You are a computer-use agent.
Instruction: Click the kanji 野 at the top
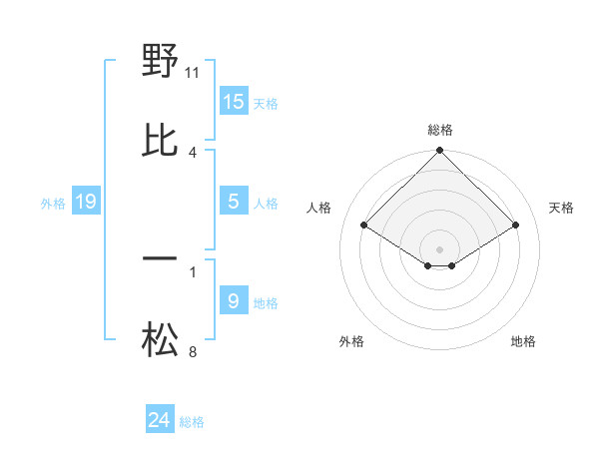[160, 63]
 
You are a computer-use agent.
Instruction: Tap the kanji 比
[160, 141]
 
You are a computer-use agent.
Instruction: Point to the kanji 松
[160, 342]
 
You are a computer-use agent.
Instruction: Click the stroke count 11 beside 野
[194, 73]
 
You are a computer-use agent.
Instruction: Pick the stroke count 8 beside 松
[193, 352]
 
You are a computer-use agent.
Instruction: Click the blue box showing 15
[234, 102]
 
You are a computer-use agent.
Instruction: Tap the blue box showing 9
[234, 301]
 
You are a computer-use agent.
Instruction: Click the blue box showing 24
[160, 421]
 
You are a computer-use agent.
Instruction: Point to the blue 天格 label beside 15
[266, 104]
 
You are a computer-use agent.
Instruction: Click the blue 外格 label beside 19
[53, 204]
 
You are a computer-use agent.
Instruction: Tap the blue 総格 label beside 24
[192, 422]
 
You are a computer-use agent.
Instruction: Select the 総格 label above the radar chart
[440, 130]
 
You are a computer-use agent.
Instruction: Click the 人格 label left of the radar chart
[319, 208]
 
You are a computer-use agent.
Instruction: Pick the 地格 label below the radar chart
[523, 342]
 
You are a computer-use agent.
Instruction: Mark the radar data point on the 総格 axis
[439, 152]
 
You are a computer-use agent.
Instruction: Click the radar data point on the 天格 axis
[516, 225]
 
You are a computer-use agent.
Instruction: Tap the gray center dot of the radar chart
[439, 248]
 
